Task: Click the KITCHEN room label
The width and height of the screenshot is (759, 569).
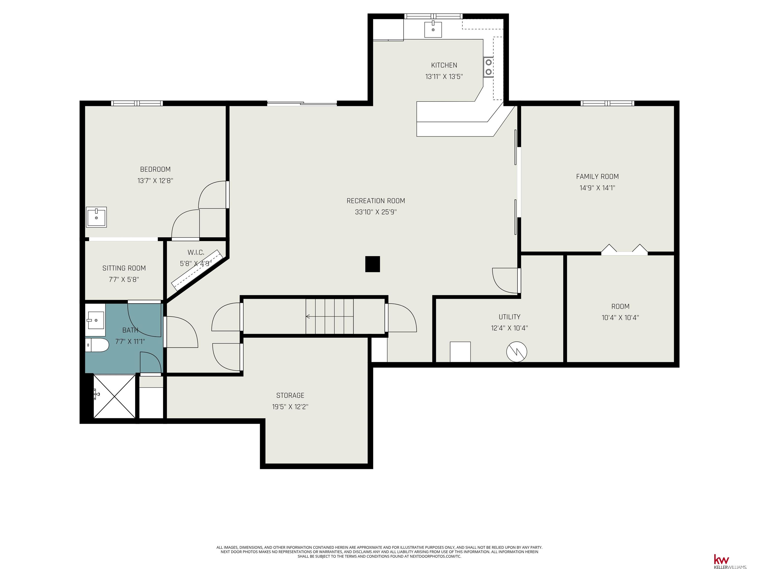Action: (x=444, y=65)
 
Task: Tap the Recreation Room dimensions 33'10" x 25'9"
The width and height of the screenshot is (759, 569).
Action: (x=376, y=212)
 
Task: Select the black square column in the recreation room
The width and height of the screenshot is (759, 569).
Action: (x=372, y=264)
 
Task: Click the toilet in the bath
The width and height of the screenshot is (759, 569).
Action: (x=97, y=345)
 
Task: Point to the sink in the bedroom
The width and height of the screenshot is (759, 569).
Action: (x=96, y=217)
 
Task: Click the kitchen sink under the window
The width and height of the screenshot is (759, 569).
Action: (x=433, y=29)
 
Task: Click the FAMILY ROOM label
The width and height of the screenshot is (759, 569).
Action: (x=597, y=177)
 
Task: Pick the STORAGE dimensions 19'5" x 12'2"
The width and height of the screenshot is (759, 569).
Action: (x=290, y=407)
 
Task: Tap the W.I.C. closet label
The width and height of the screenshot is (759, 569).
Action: (x=196, y=252)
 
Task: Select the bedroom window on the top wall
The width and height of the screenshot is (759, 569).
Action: (x=137, y=103)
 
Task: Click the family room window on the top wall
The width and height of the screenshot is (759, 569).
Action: (x=607, y=103)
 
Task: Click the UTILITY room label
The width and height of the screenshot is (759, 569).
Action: (x=509, y=317)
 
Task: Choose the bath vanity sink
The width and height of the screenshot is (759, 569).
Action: (x=95, y=320)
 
